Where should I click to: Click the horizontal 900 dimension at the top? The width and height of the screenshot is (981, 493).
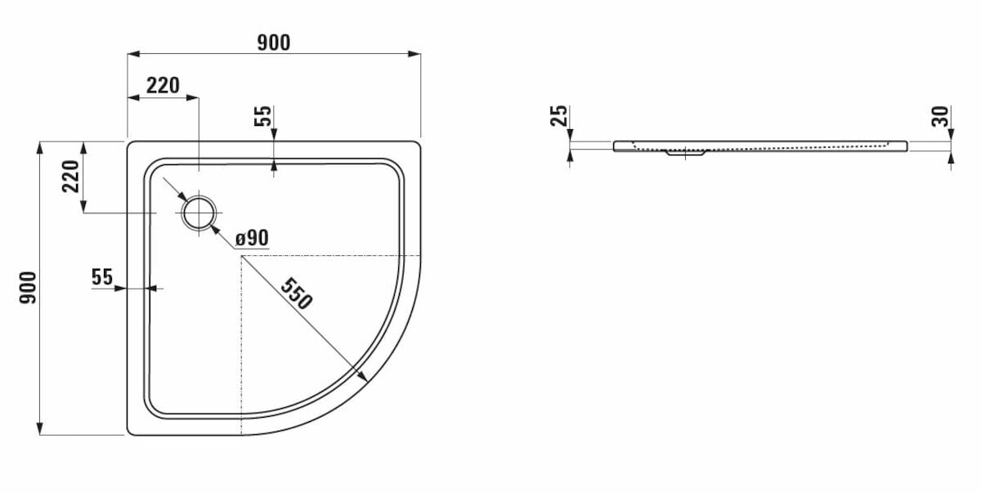point(273,43)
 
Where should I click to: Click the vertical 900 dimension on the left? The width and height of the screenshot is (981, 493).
point(28,288)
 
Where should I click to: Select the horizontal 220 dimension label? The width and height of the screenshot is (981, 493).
point(163,85)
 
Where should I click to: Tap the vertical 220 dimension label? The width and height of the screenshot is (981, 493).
point(70,177)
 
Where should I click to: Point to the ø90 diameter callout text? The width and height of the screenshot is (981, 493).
point(252,238)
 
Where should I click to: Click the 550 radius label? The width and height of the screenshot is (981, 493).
point(297,294)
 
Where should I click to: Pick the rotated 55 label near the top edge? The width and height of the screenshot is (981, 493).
point(263,115)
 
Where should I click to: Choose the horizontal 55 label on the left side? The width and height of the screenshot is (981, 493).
point(102,276)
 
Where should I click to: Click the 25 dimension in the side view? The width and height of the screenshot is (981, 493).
point(559,115)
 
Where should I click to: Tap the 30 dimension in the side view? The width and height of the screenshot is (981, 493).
point(940,116)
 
